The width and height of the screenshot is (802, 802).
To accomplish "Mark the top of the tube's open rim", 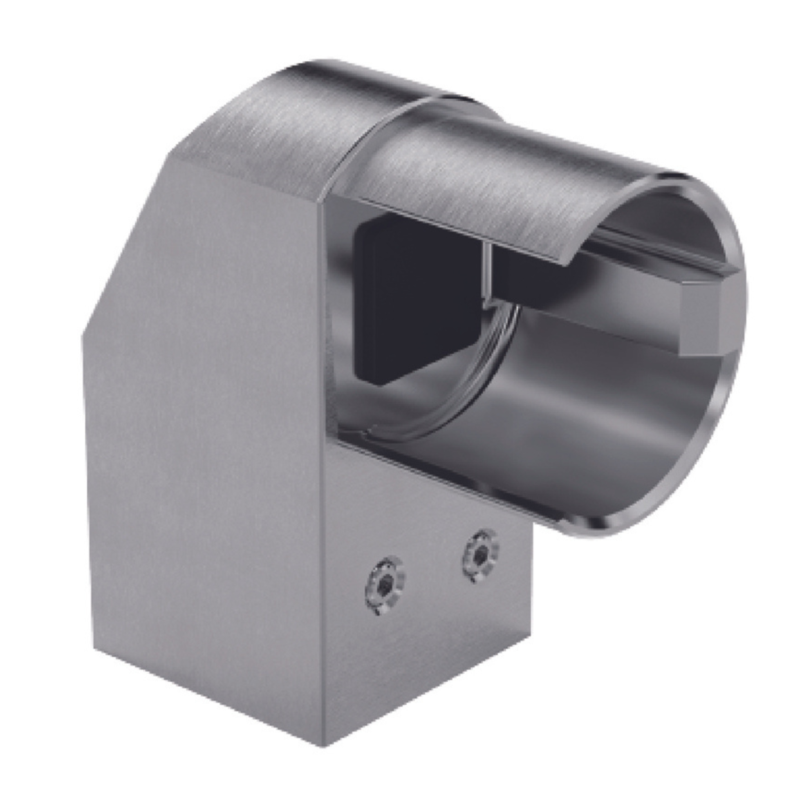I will pos(681,177).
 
